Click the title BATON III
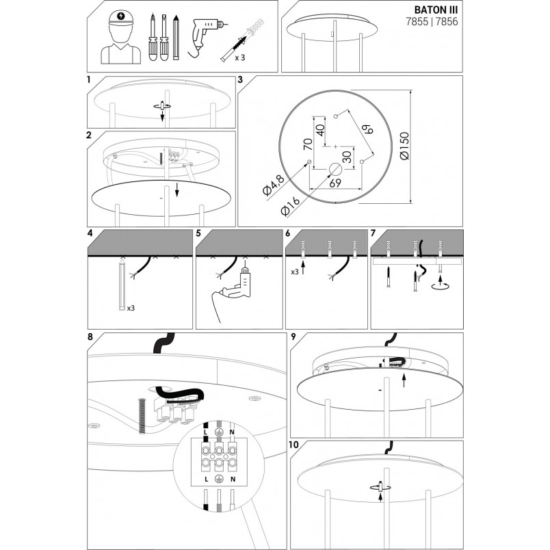point(436,9)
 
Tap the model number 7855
point(417,22)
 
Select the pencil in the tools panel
point(176,37)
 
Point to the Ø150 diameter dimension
point(404,146)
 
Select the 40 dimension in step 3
point(321,130)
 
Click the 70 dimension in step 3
point(308,144)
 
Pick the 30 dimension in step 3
point(347,157)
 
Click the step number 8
point(90,337)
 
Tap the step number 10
point(293,445)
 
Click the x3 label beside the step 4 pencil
point(131,308)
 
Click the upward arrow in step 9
point(404,380)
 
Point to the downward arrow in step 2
point(177,189)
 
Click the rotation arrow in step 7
point(441,285)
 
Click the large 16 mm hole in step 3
point(335,170)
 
